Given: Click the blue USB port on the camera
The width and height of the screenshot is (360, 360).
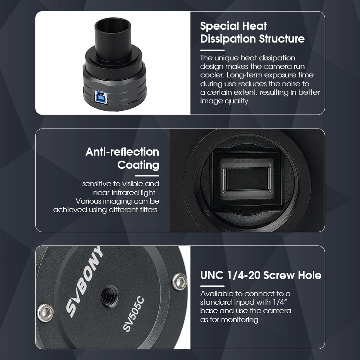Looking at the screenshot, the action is (x=101, y=97).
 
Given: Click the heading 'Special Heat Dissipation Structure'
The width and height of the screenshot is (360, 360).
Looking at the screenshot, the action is (x=252, y=33).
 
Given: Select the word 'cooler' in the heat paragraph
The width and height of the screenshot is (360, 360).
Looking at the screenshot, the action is (x=212, y=75).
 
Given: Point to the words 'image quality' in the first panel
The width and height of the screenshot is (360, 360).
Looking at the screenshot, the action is (x=225, y=101).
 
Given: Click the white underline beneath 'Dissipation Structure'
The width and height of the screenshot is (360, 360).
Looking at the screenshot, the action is (x=212, y=50).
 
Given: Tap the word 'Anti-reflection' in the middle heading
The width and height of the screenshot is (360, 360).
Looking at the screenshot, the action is (x=122, y=152).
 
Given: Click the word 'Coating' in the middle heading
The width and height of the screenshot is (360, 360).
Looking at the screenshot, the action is (x=138, y=165).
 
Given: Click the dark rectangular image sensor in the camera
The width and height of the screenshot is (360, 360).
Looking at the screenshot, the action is (x=247, y=179).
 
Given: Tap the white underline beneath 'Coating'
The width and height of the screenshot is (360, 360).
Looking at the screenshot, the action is (x=147, y=176).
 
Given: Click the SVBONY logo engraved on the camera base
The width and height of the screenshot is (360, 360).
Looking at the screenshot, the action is (x=84, y=281).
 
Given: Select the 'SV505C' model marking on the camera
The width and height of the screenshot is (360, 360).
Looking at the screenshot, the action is (x=134, y=314).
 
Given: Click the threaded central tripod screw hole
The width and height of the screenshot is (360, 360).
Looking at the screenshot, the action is (x=110, y=297).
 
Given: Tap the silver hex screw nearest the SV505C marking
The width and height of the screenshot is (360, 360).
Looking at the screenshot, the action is (x=179, y=282).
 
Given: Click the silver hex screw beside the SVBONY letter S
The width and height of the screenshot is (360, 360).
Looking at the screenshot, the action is (x=45, y=313).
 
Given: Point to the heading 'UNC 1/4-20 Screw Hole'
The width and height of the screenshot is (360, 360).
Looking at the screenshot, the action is (x=261, y=275).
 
